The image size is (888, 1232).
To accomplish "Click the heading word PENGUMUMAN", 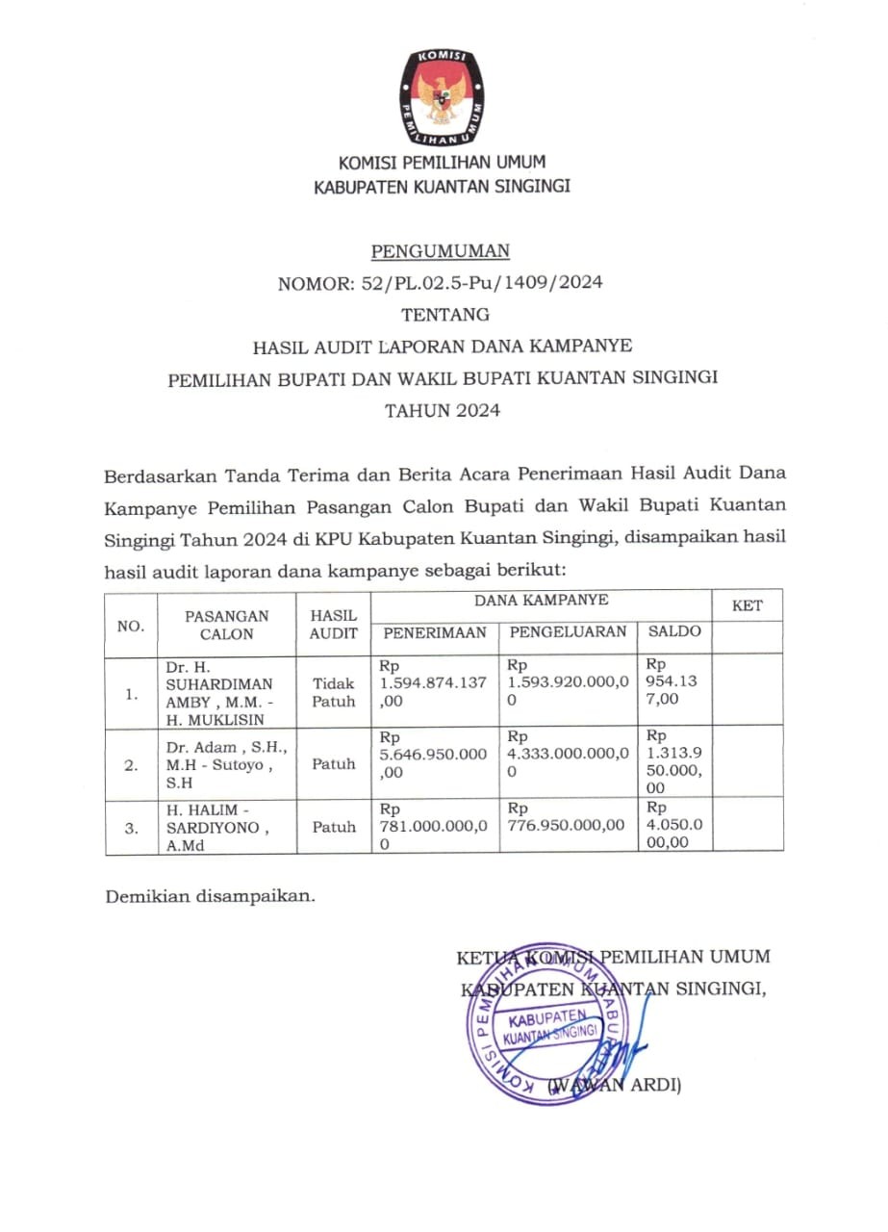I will [441, 252].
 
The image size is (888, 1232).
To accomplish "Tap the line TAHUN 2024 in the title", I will [443, 411].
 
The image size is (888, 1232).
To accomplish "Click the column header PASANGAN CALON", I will [227, 625].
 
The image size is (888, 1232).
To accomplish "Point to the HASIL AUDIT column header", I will [334, 625].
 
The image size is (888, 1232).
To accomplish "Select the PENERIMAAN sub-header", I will [435, 632].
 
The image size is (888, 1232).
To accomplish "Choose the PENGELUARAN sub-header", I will [568, 632].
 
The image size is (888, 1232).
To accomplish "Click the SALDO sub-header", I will [674, 632].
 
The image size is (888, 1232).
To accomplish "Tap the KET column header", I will [747, 605].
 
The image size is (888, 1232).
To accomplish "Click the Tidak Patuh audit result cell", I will [334, 692].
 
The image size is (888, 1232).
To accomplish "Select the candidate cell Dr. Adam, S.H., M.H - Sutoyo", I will [226, 765].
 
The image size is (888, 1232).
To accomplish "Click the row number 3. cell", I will [131, 828].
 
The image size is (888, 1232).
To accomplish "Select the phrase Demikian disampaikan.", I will [210, 896].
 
